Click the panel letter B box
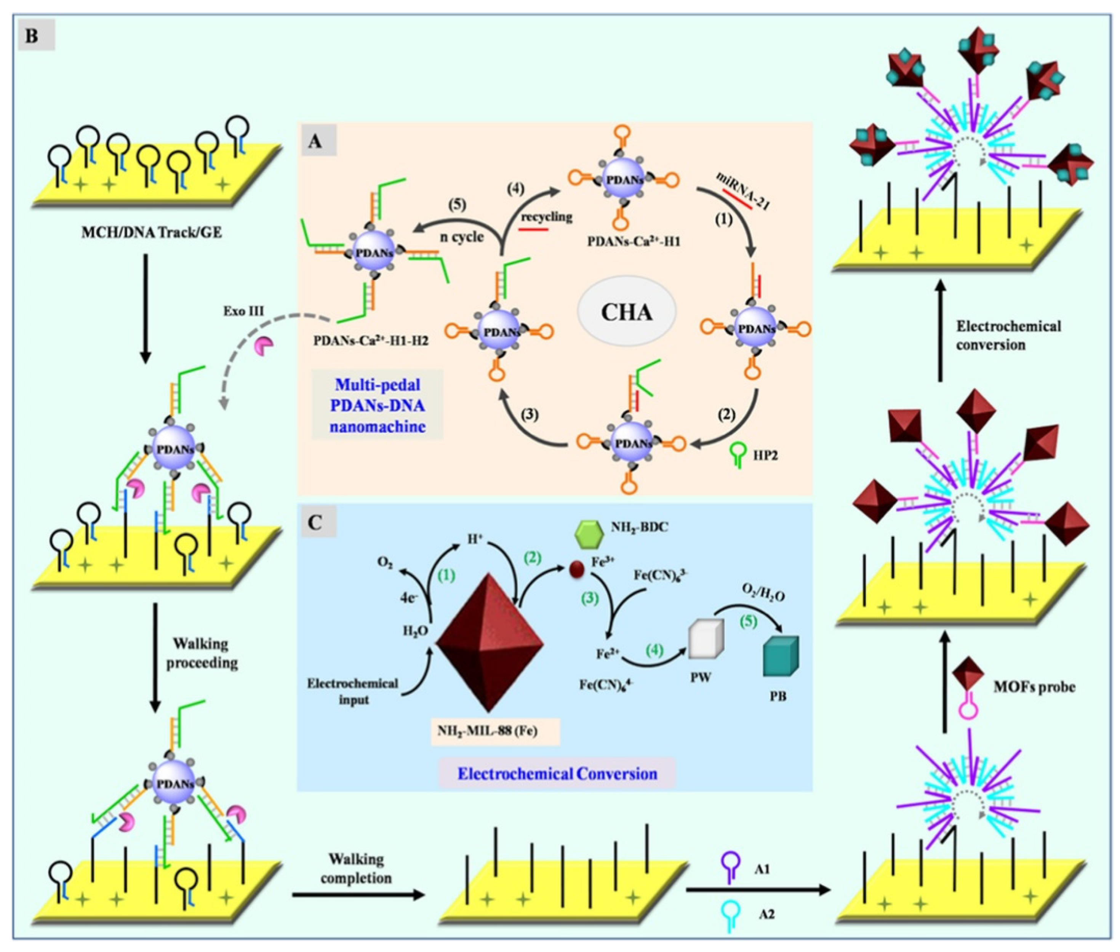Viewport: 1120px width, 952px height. pyautogui.click(x=36, y=37)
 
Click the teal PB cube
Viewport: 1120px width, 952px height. pyautogui.click(x=781, y=656)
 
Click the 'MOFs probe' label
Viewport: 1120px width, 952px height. pyautogui.click(x=1033, y=687)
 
